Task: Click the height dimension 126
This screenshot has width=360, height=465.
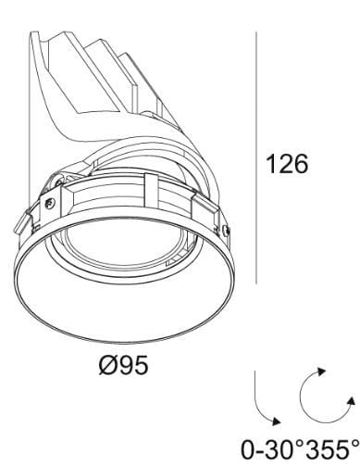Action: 286,165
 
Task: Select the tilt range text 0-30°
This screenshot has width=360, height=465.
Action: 267,449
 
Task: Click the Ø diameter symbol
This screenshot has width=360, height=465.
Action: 106,362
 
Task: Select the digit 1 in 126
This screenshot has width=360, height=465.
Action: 271,165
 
